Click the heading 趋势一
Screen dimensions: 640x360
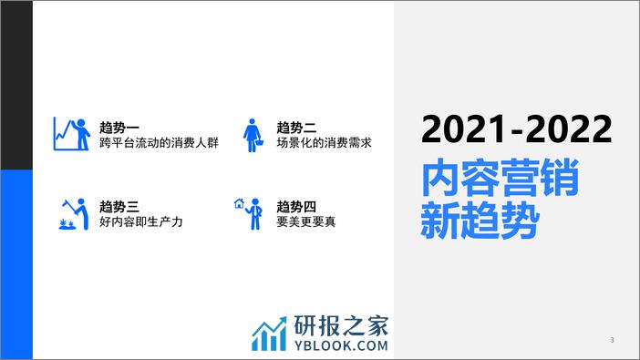coord(119,128)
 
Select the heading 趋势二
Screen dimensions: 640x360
coord(296,128)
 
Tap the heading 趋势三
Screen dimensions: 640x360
coord(119,207)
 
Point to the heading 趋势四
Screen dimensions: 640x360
coord(296,207)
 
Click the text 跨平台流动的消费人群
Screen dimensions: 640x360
coord(160,143)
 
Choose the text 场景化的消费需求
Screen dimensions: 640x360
coord(324,143)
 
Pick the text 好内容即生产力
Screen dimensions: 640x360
coord(141,221)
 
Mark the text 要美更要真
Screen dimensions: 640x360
coord(306,221)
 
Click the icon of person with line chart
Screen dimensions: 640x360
coord(72,134)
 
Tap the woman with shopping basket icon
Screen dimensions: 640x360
coord(253,136)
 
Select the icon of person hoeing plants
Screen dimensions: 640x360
coord(74,214)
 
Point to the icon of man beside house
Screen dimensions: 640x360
coord(248,214)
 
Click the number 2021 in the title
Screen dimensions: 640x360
coord(463,129)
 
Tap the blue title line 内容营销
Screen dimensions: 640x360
coord(500,179)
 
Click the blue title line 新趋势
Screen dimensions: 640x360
coord(480,220)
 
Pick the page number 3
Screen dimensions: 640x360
coord(612,340)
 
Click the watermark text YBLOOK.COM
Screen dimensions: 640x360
coord(341,345)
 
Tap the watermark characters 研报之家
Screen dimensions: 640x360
coord(341,325)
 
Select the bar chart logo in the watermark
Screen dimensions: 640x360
coord(269,334)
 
